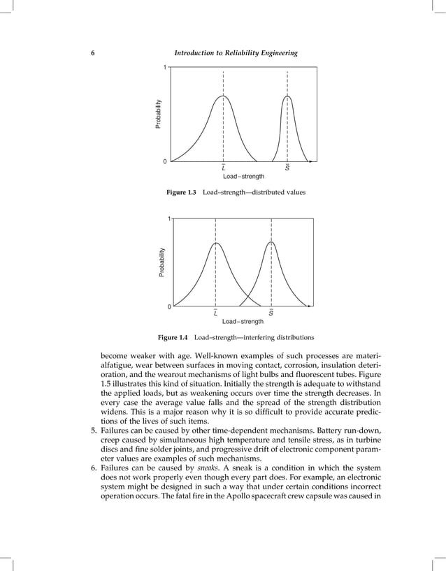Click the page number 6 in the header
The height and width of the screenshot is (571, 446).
[94, 54]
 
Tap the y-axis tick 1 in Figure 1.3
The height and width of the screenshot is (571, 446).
[164, 68]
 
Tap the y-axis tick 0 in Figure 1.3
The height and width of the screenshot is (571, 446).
[164, 162]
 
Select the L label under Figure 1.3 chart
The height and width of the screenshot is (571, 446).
[223, 169]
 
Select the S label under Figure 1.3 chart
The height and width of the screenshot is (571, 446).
[287, 169]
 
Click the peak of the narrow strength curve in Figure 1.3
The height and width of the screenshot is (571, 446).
[287, 96]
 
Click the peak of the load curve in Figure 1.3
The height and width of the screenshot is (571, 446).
[223, 96]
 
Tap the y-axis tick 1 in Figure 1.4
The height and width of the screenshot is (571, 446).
[168, 219]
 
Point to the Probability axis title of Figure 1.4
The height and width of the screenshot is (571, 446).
[162, 265]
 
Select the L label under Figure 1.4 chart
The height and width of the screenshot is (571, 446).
[215, 313]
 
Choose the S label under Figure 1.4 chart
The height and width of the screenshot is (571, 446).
[271, 313]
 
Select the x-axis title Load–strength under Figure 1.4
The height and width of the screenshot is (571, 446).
[243, 322]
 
